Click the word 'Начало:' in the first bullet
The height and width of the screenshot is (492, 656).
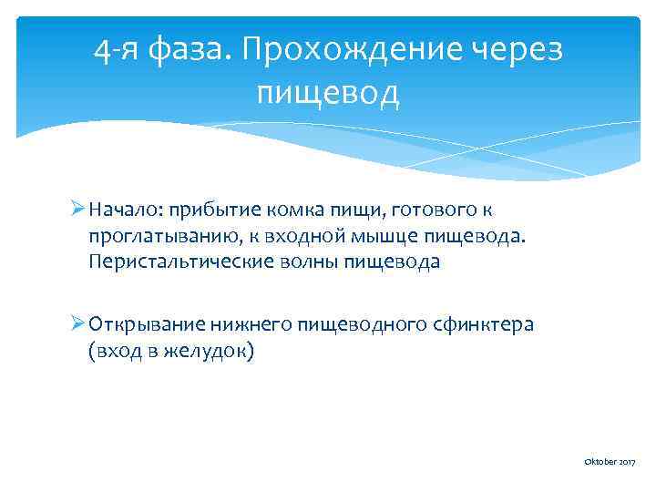coord(125,210)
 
